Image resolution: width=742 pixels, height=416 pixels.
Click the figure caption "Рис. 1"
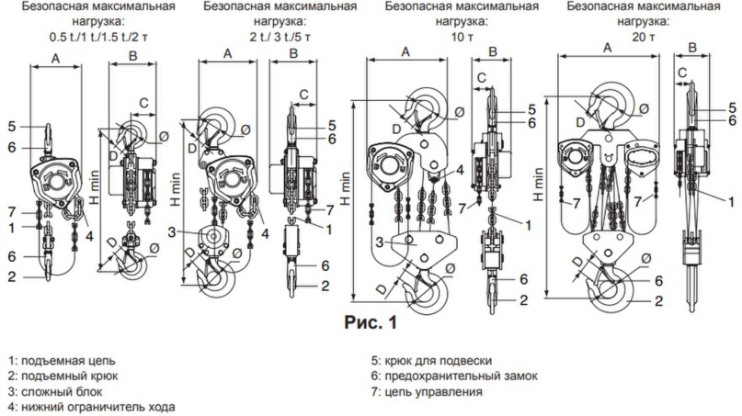[x=371, y=322]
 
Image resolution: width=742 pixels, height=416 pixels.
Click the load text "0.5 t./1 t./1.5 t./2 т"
[x=98, y=37]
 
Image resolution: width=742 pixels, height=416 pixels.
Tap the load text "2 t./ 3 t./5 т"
[x=280, y=37]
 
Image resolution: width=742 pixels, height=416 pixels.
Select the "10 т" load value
[x=462, y=37]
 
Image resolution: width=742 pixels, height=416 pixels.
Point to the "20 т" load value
[x=643, y=37]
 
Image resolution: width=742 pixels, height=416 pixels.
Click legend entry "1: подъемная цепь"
[x=62, y=361]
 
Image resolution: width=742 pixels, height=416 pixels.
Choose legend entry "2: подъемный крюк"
[x=63, y=377]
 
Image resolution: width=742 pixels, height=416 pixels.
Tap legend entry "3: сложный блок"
[x=55, y=392]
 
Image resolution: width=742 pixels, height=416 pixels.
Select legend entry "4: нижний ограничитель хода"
[x=91, y=407]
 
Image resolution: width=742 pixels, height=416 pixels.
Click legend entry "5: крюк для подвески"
[x=431, y=361]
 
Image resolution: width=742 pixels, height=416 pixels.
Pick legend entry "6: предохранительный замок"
[x=454, y=377]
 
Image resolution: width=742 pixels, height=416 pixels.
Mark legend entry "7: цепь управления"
[x=427, y=392]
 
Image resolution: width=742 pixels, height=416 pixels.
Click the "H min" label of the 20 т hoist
[x=538, y=185]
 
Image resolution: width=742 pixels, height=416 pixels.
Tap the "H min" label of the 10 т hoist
[x=346, y=188]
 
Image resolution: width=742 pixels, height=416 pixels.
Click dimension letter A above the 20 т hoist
[x=608, y=48]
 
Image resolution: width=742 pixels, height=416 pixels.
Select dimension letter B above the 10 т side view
[x=493, y=51]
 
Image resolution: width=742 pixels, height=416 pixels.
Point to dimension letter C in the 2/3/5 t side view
[x=303, y=94]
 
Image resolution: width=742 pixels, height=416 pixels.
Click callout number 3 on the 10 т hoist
[x=380, y=242]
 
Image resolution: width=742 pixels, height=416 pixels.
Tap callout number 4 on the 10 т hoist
[x=460, y=169]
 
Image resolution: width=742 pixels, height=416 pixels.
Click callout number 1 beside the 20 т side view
[x=732, y=202]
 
